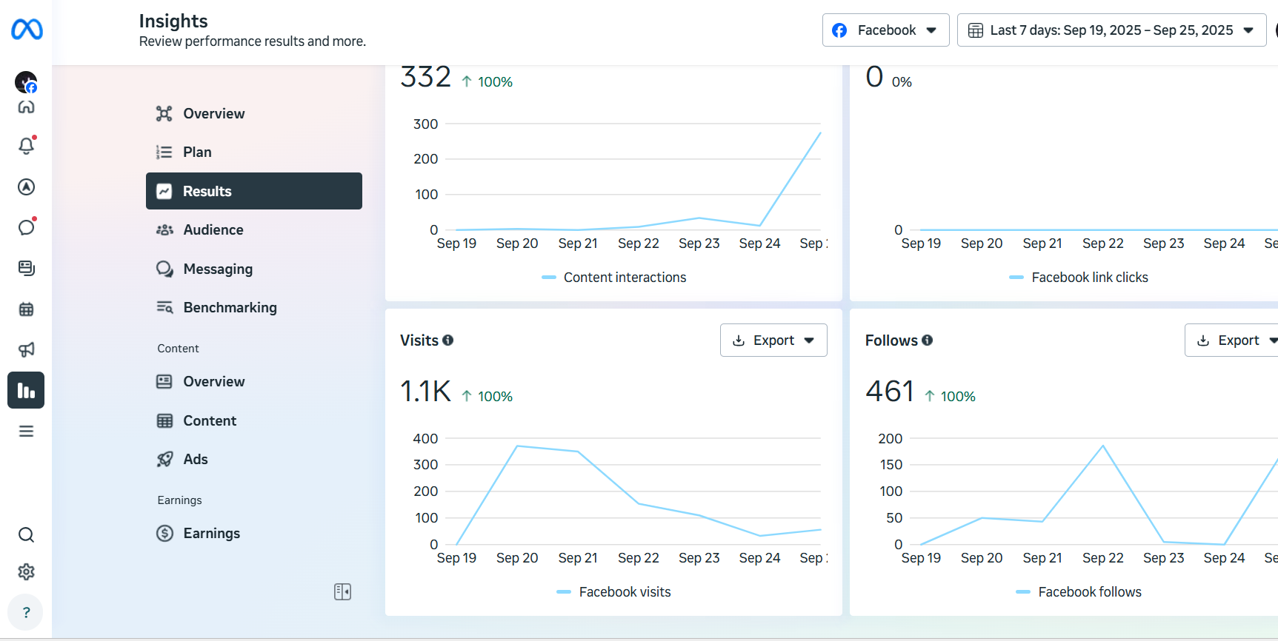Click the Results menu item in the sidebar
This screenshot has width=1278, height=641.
253,191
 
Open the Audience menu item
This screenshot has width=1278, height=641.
213,230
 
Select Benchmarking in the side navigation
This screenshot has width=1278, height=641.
230,308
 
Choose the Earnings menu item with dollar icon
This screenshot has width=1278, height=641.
211,534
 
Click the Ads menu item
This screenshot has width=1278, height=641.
195,460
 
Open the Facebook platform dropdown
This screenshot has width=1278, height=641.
885,30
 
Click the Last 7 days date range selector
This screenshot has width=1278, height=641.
1111,30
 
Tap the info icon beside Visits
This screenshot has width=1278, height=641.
448,340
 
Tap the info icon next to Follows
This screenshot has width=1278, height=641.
928,340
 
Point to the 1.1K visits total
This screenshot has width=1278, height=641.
425,392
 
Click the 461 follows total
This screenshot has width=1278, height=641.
890,392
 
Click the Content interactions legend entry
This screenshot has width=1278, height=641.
624,278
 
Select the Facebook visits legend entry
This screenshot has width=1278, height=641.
624,592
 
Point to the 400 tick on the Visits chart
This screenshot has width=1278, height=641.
425,439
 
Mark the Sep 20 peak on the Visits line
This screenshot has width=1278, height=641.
517,446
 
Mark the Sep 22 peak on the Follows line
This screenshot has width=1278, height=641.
1103,446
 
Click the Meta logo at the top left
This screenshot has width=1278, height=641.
27,30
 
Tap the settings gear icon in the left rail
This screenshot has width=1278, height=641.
26,572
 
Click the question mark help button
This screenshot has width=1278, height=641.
26,612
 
